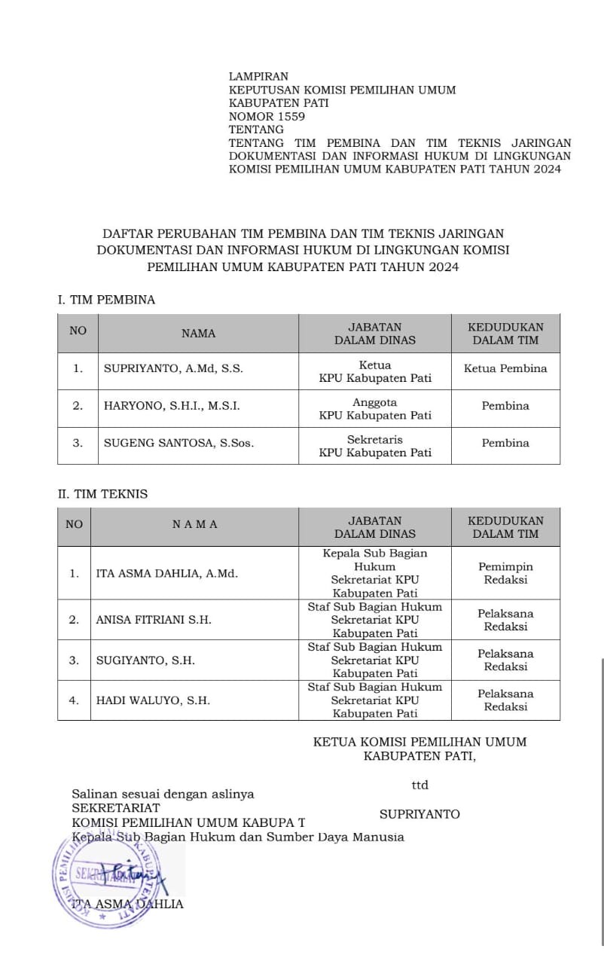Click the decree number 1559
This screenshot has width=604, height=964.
click(291, 116)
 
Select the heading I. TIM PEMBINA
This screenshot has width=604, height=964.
click(106, 300)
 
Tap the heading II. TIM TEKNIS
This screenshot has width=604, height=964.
click(103, 495)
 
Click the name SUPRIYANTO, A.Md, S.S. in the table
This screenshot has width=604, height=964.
click(173, 369)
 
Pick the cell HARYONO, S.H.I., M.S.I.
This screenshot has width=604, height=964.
click(172, 406)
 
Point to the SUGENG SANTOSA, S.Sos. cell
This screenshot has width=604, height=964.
click(178, 444)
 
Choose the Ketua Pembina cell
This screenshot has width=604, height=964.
click(505, 369)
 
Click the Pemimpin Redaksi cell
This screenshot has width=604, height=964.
click(505, 573)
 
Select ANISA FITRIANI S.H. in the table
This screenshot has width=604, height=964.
click(154, 620)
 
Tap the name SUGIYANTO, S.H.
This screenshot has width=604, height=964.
click(145, 660)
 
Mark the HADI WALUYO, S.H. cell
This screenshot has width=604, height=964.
click(153, 700)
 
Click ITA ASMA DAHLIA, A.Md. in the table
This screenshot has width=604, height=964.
click(166, 573)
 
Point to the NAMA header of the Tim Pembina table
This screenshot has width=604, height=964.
click(198, 333)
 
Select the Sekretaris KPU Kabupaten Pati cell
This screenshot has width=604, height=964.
click(375, 446)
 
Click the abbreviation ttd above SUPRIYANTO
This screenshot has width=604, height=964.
click(419, 786)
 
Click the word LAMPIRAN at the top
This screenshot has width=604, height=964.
click(258, 77)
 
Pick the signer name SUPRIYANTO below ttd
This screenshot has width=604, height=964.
click(419, 814)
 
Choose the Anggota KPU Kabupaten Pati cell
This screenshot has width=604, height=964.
click(375, 408)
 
